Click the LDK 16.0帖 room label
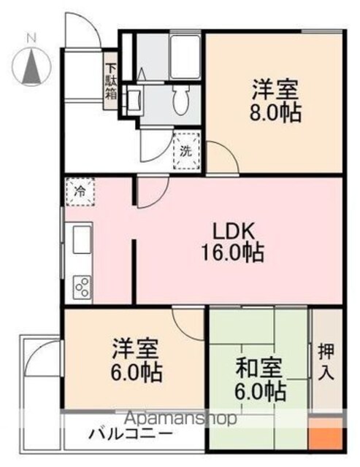click(232, 242)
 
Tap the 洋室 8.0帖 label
click(275, 101)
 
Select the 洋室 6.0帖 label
click(136, 360)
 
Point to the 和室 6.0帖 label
click(260, 379)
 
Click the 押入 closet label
click(326, 362)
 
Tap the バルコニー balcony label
click(131, 434)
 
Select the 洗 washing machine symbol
click(186, 151)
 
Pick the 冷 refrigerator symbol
click(80, 192)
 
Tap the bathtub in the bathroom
click(185, 57)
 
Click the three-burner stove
click(82, 287)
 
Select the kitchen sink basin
click(82, 239)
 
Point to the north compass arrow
click(31, 66)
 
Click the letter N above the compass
click(31, 38)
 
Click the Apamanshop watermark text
click(180, 419)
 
